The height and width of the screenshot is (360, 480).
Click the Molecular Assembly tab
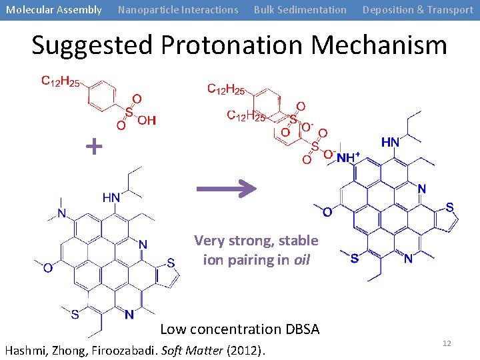[54, 10]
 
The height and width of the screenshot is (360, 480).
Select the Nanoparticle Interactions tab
[178, 10]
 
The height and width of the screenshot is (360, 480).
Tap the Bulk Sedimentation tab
[300, 10]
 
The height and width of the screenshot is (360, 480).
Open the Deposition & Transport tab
[417, 10]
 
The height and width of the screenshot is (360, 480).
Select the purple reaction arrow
[226, 189]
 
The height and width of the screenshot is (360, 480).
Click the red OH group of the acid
[147, 120]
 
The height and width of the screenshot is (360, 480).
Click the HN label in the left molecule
[111, 197]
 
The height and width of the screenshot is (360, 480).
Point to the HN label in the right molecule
[390, 142]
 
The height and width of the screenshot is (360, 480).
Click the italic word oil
[302, 260]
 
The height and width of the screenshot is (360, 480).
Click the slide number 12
[447, 343]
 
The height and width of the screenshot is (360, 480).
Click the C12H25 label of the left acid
[61, 82]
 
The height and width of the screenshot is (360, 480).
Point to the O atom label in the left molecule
[47, 268]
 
